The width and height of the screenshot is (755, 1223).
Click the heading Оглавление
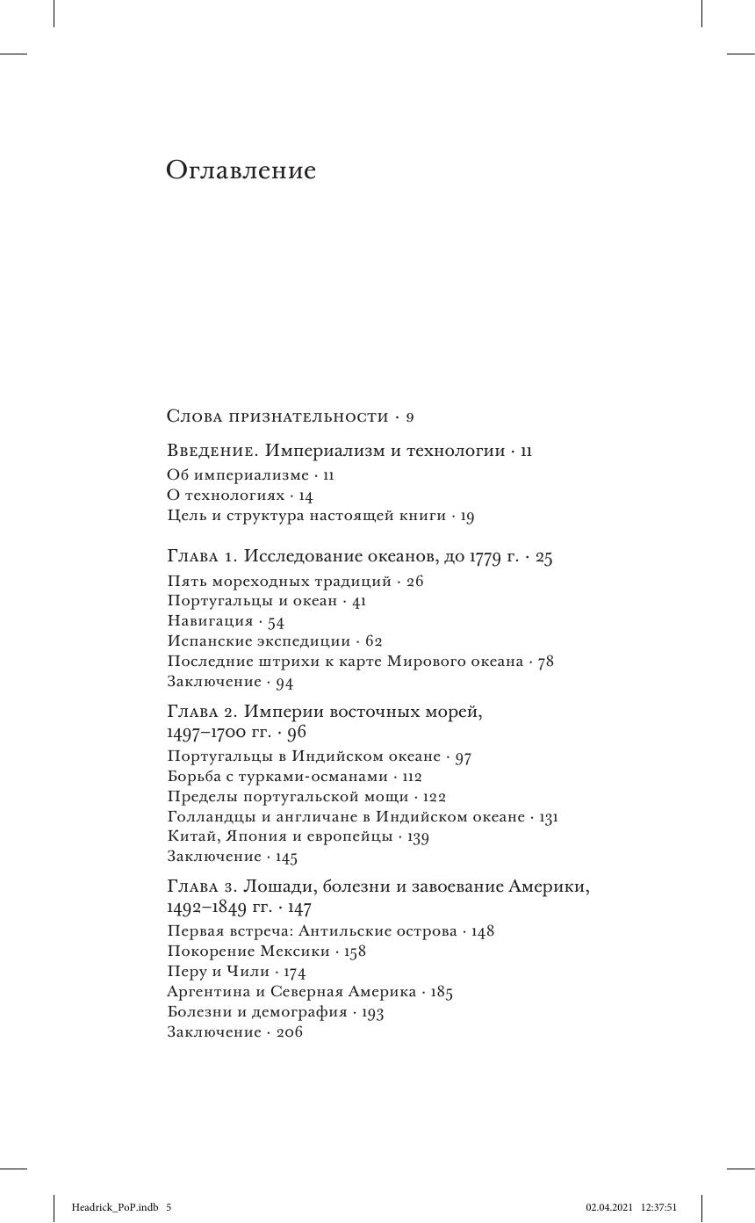[241, 170]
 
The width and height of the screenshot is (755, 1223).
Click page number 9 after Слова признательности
[409, 416]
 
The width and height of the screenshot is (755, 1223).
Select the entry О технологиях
[226, 496]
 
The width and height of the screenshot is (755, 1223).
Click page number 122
[434, 797]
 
